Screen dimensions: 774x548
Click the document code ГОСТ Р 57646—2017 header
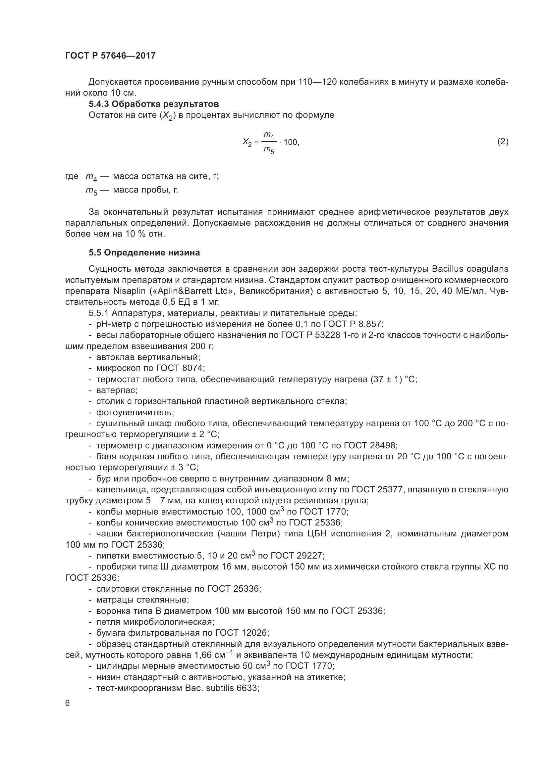[x=110, y=56]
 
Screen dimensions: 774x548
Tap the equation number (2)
[x=503, y=141]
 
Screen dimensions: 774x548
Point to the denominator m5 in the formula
[x=269, y=150]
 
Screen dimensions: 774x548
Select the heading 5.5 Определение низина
[x=144, y=252]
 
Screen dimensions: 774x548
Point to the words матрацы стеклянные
[x=142, y=600]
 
